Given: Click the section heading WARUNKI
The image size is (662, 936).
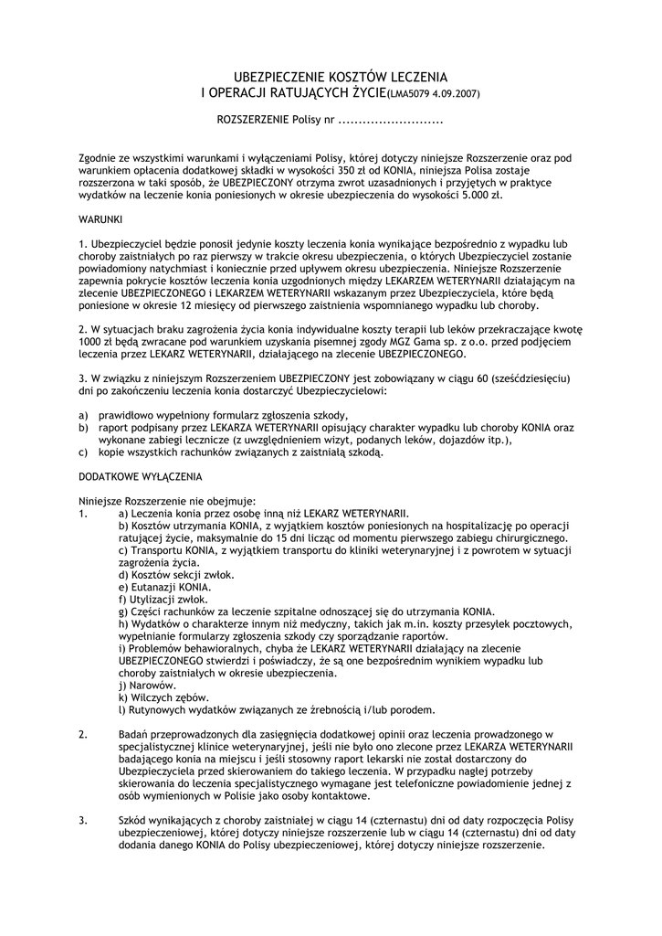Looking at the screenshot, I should tap(107, 219).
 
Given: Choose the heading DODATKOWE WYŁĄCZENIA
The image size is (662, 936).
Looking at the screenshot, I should tap(142, 476).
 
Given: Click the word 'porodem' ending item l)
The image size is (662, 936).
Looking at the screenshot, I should tap(412, 708).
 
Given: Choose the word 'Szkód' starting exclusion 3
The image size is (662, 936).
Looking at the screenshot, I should tap(133, 820).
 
